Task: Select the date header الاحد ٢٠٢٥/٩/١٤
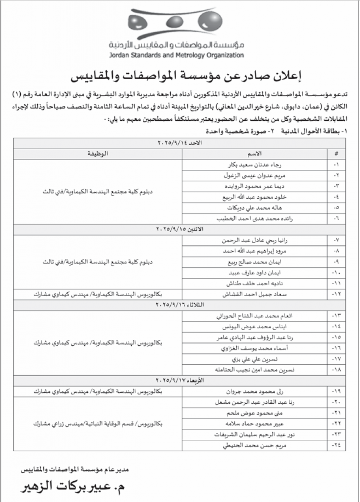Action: tap(180, 144)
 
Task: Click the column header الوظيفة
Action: tap(97, 153)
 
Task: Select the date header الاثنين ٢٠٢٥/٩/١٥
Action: tap(180, 229)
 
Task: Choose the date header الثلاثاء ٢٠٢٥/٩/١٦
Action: tap(180, 305)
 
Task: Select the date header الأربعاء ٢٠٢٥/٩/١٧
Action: tap(180, 380)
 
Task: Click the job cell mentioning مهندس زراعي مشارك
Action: tap(97, 423)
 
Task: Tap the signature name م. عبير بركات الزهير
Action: tap(74, 487)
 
